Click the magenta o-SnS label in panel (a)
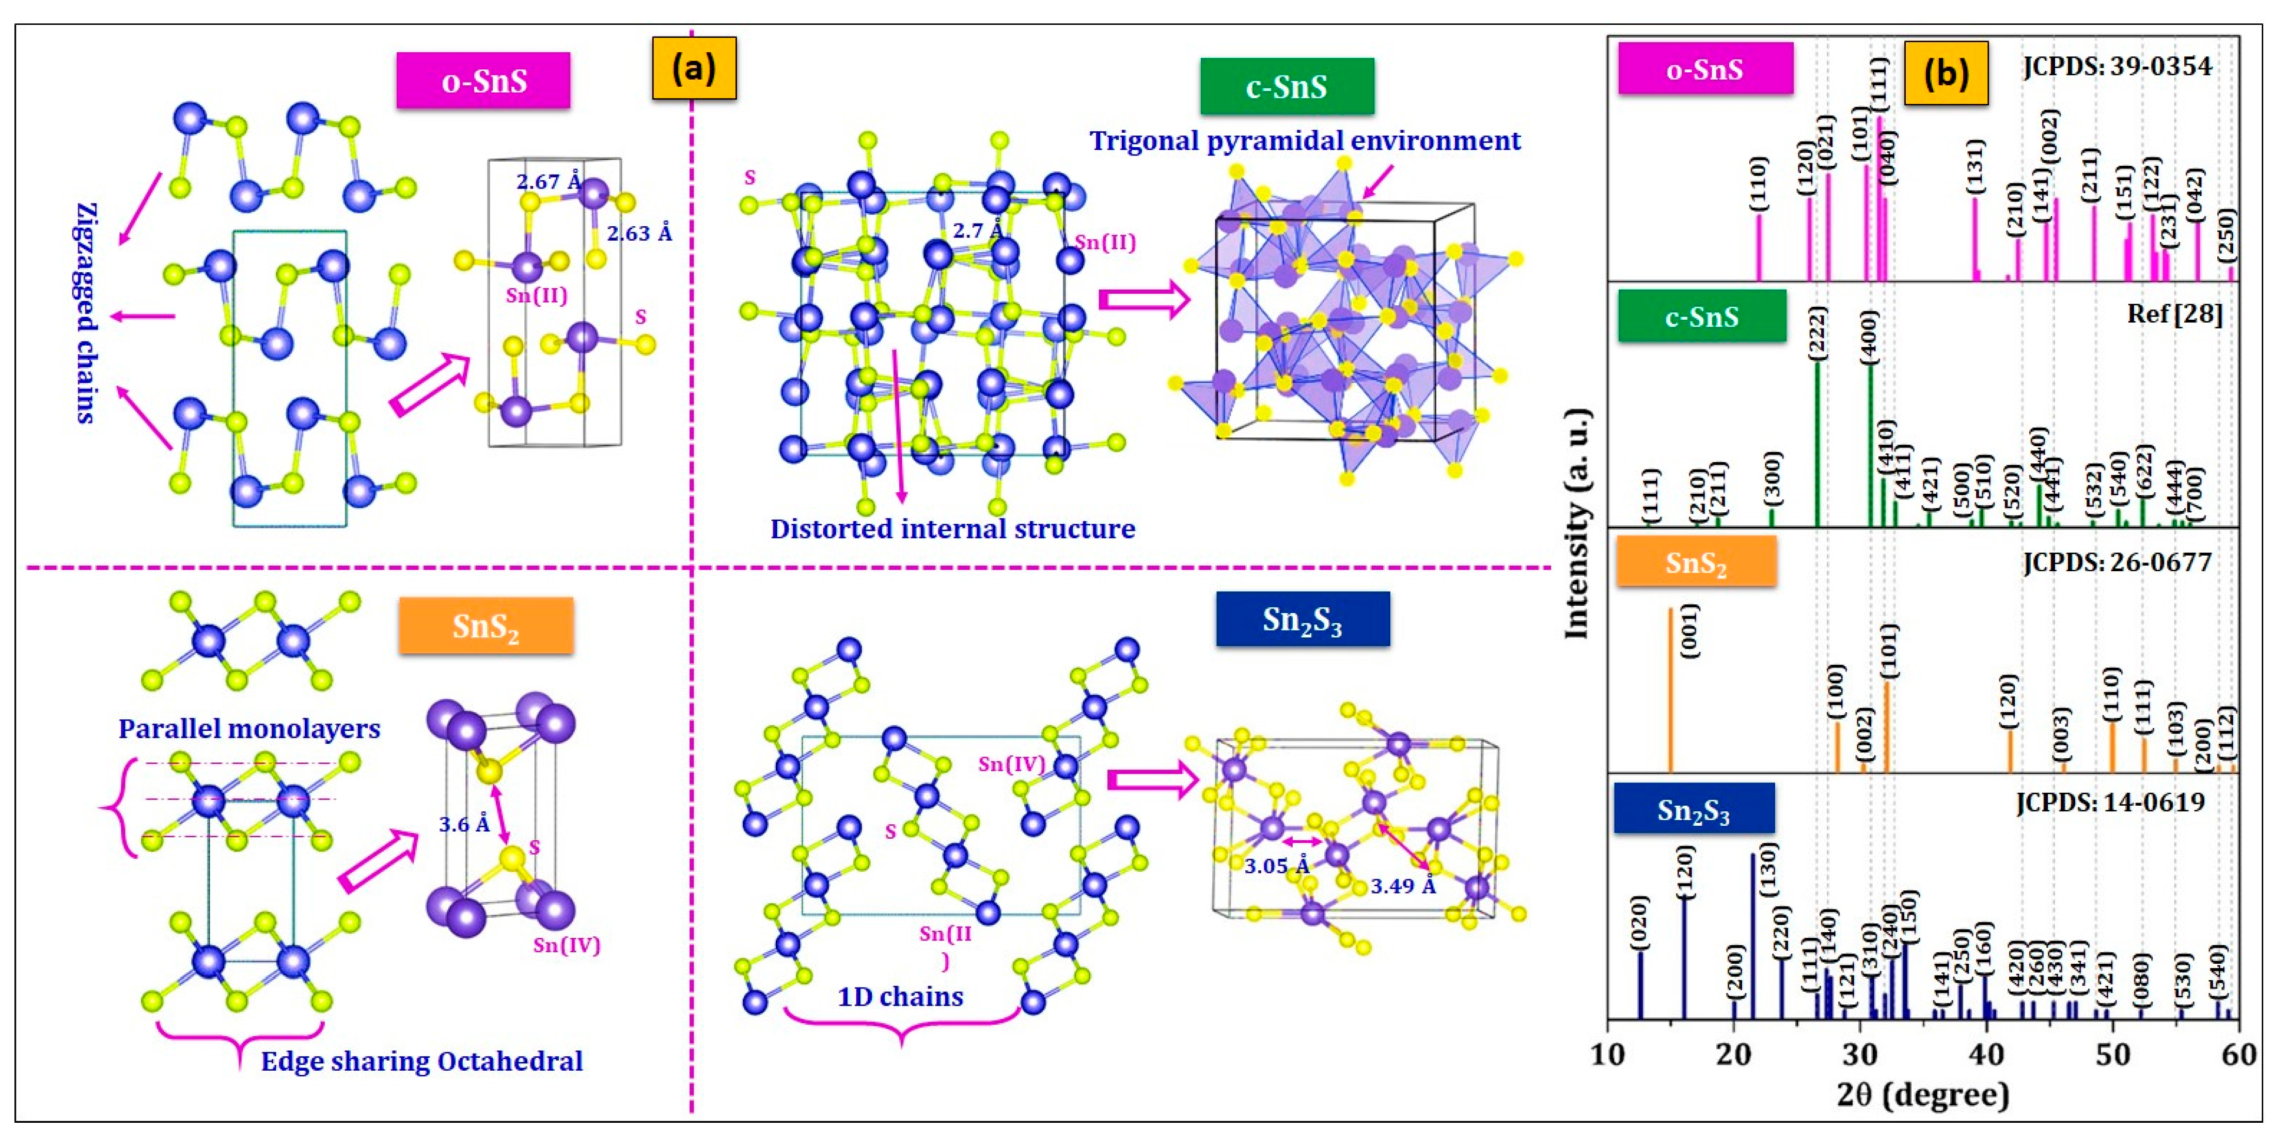(483, 81)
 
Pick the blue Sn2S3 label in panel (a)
(1302, 619)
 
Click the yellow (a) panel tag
(694, 68)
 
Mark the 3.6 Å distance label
(464, 824)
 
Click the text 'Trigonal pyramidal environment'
(1305, 140)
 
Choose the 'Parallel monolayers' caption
(249, 728)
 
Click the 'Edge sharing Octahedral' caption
(422, 1061)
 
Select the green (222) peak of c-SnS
(1817, 444)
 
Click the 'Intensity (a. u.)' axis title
(1577, 524)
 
